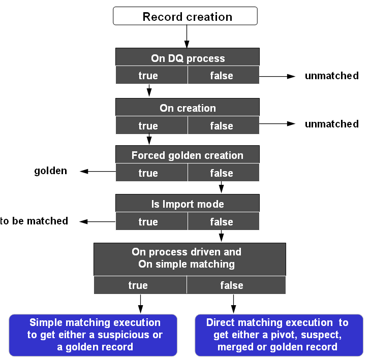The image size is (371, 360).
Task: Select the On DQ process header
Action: pyautogui.click(x=188, y=58)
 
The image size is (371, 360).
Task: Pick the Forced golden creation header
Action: pyautogui.click(x=188, y=155)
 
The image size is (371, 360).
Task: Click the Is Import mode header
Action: pyautogui.click(x=188, y=204)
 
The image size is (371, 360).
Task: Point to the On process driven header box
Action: pyautogui.click(x=190, y=258)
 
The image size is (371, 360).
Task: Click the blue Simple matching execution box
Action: pyautogui.click(x=94, y=335)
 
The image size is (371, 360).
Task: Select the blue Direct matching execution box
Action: pyautogui.click(x=279, y=335)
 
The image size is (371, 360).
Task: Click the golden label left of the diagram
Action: pyautogui.click(x=51, y=171)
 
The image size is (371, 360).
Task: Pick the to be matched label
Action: pyautogui.click(x=34, y=221)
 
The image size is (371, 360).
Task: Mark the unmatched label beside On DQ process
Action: pyautogui.click(x=331, y=76)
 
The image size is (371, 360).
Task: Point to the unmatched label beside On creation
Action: pyautogui.click(x=331, y=124)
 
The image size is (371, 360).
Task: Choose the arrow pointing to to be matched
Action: pyautogui.click(x=98, y=221)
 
